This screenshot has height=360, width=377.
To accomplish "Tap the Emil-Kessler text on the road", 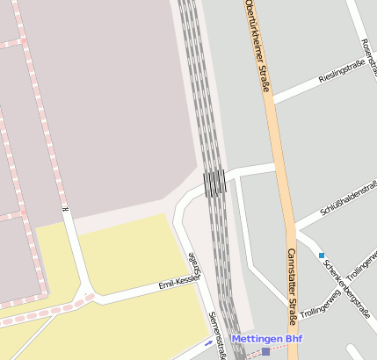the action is (178, 282).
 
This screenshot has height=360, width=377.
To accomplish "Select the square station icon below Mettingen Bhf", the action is (265, 352).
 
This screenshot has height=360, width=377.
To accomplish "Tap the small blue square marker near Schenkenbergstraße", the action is (322, 256).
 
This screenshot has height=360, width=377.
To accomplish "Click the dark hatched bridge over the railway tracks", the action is (214, 182).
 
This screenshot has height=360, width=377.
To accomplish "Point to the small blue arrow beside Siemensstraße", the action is (207, 342).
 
